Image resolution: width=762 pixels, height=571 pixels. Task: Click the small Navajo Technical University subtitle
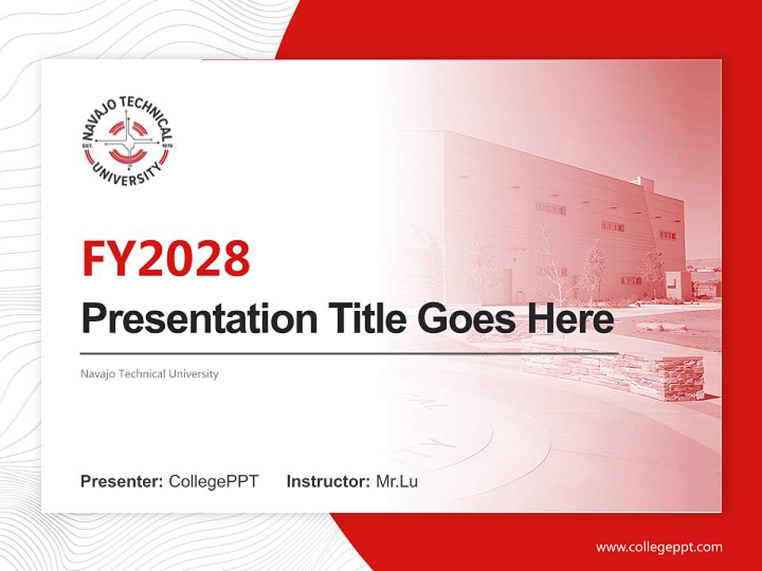[149, 374]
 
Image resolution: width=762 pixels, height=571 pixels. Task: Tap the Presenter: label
[122, 481]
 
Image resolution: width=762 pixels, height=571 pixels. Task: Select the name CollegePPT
[214, 481]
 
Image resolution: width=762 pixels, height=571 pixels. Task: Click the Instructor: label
[328, 481]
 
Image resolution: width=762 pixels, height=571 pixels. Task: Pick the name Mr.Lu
[397, 481]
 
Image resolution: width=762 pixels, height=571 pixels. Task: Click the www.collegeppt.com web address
[659, 547]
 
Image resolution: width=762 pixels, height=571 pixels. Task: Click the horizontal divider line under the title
[349, 353]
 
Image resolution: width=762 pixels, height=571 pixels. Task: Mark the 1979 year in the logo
[167, 146]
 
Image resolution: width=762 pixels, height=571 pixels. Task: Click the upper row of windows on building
[550, 209]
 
